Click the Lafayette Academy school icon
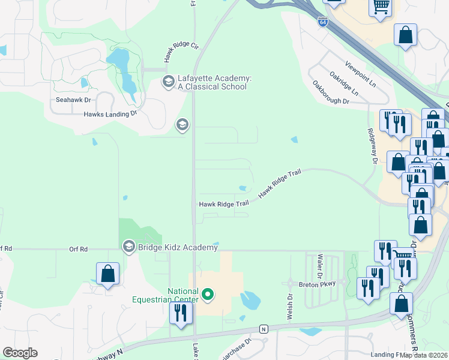(168, 81)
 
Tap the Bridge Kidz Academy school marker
(128, 246)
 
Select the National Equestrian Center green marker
(208, 295)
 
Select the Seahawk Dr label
(73, 100)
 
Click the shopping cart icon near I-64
(379, 8)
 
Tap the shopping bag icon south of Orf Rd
(107, 274)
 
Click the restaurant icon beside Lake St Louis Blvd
(179, 313)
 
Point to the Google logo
(20, 353)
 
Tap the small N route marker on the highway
(263, 328)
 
